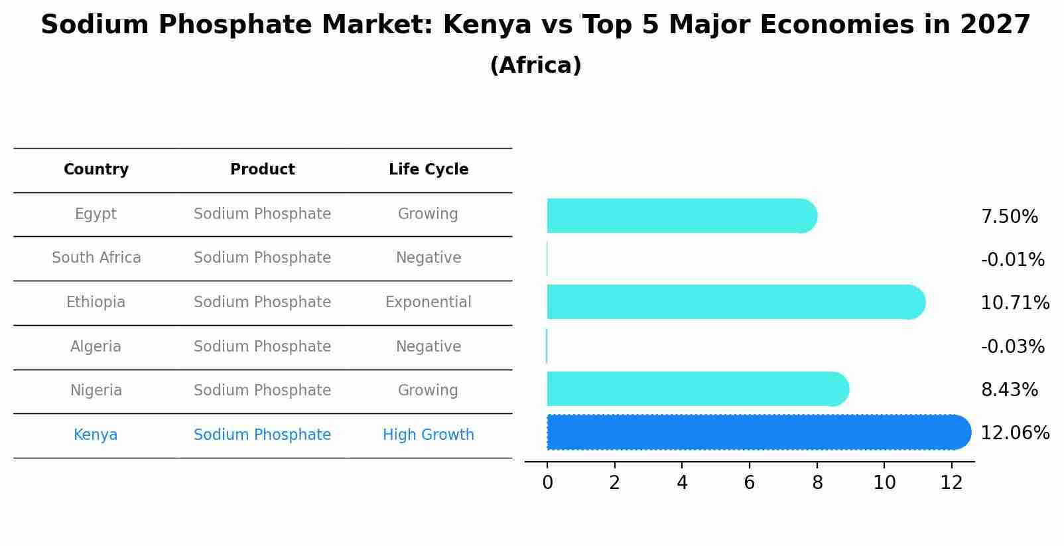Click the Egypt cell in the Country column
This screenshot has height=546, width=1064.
click(96, 214)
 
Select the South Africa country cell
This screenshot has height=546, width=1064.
click(96, 258)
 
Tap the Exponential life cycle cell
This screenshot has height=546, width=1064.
click(428, 303)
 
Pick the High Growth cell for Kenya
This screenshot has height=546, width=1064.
click(428, 435)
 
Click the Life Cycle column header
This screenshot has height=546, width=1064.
click(428, 170)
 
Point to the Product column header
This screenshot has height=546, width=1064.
click(262, 170)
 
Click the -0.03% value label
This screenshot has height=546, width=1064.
click(1012, 347)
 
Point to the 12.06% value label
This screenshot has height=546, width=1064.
click(1015, 433)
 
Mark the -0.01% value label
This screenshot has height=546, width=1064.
click(1012, 260)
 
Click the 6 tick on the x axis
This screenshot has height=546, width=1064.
click(750, 483)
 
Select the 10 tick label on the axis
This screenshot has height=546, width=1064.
click(884, 483)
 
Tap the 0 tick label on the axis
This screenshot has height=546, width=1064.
click(547, 483)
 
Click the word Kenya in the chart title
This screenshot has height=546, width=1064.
click(487, 25)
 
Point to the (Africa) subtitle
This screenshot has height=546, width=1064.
click(535, 66)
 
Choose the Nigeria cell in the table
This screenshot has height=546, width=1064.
click(96, 391)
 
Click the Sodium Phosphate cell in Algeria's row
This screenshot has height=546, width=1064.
click(262, 347)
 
